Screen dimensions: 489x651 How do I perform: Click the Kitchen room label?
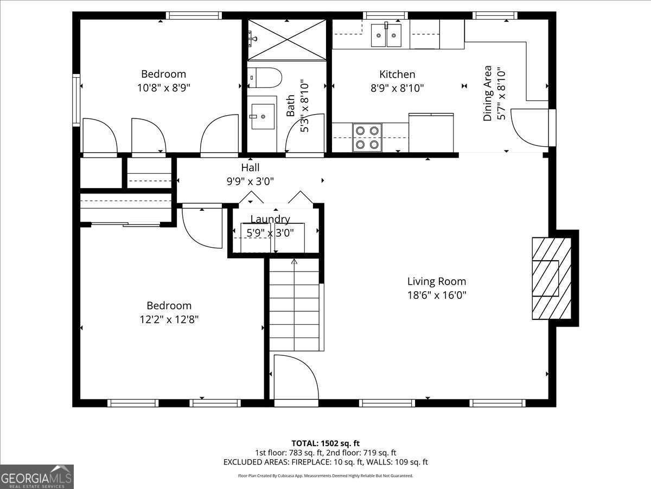click(x=397, y=74)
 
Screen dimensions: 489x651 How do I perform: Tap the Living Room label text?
click(x=437, y=281)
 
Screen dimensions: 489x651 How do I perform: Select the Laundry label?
click(x=270, y=219)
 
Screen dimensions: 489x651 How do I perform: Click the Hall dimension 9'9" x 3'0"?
click(x=250, y=181)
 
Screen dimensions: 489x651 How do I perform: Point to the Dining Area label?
click(x=488, y=93)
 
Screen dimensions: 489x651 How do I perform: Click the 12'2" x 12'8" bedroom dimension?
click(x=169, y=319)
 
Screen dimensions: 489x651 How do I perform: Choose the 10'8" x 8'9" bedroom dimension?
click(x=163, y=87)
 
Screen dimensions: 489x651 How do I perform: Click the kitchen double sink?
click(x=386, y=35)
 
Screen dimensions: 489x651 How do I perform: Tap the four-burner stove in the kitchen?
click(x=367, y=137)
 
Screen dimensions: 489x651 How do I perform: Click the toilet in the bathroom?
click(x=265, y=78)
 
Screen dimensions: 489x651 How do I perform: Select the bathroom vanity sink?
click(x=263, y=116)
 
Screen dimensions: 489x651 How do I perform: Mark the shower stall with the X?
click(x=287, y=40)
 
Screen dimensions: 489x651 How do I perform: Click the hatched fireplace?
click(x=551, y=278)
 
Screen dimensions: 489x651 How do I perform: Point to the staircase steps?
click(x=295, y=305)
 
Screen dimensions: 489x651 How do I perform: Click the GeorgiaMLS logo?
click(x=37, y=477)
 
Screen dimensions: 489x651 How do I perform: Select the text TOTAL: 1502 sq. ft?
click(x=325, y=443)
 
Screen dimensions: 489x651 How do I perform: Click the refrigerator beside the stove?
click(x=431, y=133)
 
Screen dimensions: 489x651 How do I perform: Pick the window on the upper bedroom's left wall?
click(x=76, y=100)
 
